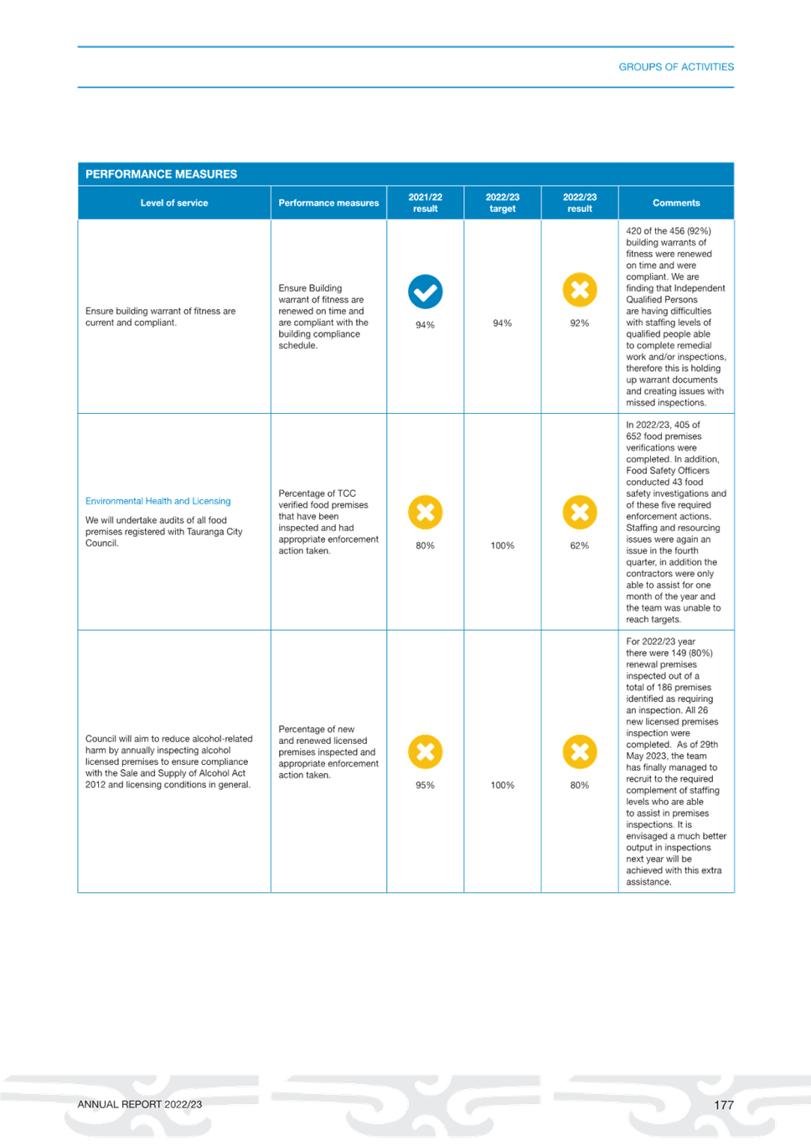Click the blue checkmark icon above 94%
pos(426,292)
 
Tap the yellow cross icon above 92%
pos(580,290)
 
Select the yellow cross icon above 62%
pos(580,512)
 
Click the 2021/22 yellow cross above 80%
pos(426,512)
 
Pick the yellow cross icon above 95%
pos(426,751)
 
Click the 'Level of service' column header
pos(174,203)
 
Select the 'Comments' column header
pos(676,203)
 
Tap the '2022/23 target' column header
pos(503,203)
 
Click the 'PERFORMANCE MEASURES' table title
pos(161,174)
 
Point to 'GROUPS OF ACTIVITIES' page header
pos(676,66)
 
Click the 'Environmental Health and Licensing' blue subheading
pos(158,501)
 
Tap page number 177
pos(724,1105)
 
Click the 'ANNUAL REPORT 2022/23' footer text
pos(140,1104)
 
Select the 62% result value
pos(580,545)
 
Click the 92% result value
pos(580,323)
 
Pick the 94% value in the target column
pos(503,323)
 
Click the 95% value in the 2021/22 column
pos(426,785)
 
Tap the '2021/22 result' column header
pos(426,203)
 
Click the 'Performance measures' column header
pos(328,203)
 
